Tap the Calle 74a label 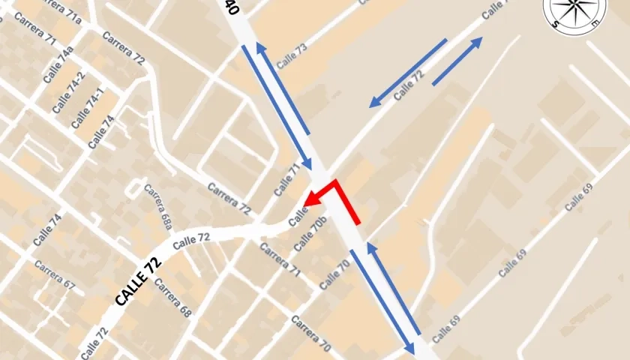58,64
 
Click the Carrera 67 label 54,276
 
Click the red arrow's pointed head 308,200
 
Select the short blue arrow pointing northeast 457,61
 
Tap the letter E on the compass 594,24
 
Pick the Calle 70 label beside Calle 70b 335,274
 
